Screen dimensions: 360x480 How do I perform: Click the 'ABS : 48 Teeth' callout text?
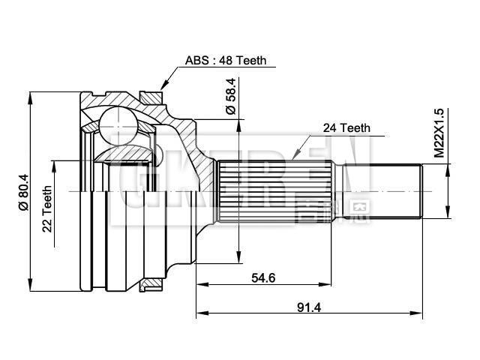[x=226, y=61]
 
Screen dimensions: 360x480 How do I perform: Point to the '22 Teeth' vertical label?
[x=47, y=208]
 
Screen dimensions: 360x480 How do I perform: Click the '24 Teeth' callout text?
[x=346, y=127]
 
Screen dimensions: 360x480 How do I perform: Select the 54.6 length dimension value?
[x=263, y=277]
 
